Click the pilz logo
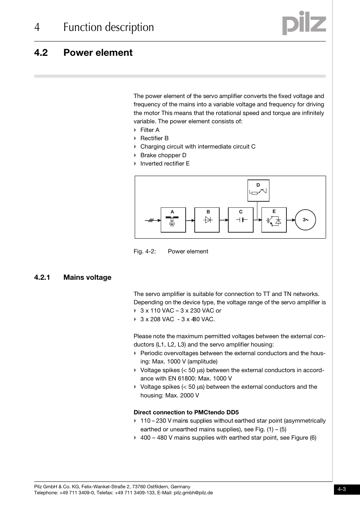(x=304, y=23)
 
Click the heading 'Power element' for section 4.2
(x=98, y=52)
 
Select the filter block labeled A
(x=173, y=220)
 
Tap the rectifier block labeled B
(x=207, y=220)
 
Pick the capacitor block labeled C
(x=240, y=220)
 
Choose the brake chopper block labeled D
(x=258, y=190)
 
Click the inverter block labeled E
(x=274, y=220)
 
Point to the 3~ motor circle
(x=305, y=220)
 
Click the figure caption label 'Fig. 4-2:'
(x=145, y=251)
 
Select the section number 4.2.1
(x=42, y=277)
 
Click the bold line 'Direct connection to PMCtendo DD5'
(x=186, y=412)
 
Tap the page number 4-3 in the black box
(x=342, y=489)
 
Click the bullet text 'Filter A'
(x=150, y=130)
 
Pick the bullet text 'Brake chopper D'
(x=163, y=155)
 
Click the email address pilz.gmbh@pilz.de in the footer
(x=193, y=493)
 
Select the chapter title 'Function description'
(x=109, y=27)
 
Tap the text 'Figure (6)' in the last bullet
(x=303, y=438)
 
